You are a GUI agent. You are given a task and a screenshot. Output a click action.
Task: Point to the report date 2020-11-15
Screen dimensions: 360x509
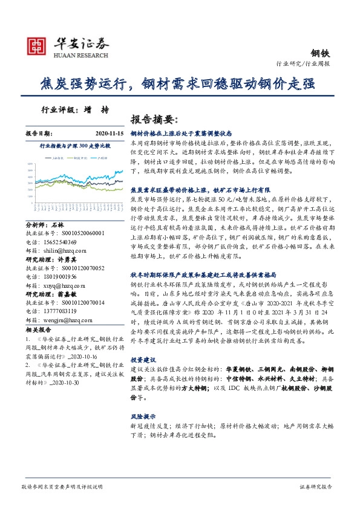[x=109, y=132]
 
